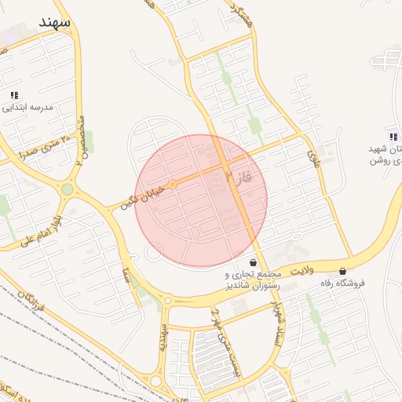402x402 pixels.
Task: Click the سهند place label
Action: point(53,22)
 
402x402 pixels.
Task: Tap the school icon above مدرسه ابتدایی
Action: point(14,95)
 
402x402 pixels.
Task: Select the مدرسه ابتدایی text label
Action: point(27,108)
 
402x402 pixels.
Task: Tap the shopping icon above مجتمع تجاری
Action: point(253,262)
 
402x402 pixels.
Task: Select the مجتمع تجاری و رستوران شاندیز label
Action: point(252,280)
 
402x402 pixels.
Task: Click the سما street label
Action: point(124,276)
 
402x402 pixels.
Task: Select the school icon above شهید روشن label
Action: point(393,137)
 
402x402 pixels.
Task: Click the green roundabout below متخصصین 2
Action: point(68,189)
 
